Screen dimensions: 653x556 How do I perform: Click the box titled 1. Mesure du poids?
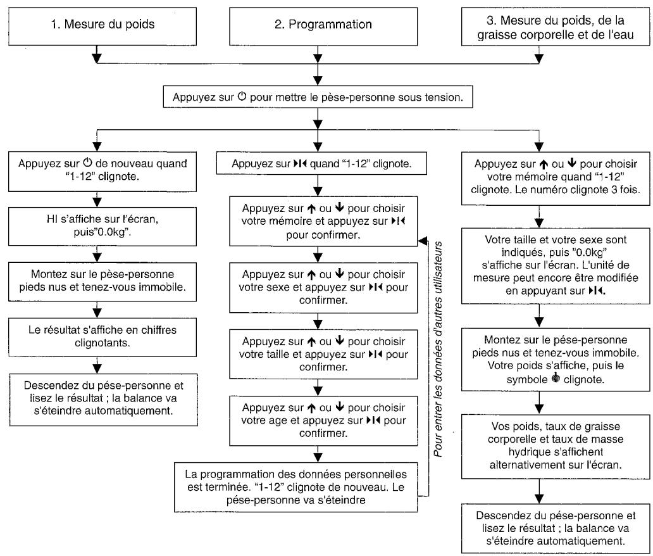click(103, 26)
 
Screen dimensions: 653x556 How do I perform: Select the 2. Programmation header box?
click(323, 26)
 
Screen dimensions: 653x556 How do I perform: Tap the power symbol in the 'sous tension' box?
click(242, 97)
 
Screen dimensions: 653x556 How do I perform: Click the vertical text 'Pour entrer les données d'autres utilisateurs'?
click(438, 349)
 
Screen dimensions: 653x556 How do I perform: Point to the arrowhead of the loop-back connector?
click(423, 241)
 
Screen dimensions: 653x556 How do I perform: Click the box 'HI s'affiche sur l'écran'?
click(103, 226)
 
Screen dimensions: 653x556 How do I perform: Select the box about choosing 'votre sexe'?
click(323, 287)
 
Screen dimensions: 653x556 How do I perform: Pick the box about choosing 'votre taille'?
click(323, 354)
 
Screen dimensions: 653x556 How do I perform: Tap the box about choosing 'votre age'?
click(323, 420)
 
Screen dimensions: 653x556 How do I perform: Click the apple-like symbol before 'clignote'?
click(556, 379)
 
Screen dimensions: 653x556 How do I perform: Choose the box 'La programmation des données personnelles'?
click(295, 487)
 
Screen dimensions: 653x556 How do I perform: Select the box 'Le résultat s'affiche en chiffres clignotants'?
click(103, 337)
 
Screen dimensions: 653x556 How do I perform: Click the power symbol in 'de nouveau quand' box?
click(87, 163)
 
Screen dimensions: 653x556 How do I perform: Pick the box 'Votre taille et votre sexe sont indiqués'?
click(556, 265)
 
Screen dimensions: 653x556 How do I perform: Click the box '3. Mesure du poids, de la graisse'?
click(556, 26)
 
